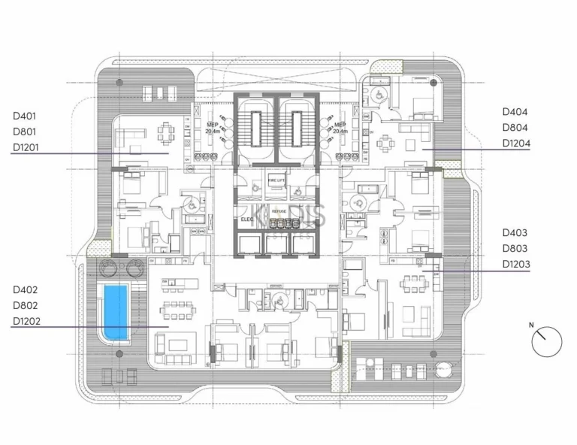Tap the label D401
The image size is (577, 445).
click(25, 116)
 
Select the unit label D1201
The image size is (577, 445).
click(27, 147)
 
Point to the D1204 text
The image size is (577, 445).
click(515, 144)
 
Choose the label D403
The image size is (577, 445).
click(515, 233)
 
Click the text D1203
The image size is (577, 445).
click(515, 265)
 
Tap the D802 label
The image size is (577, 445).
click(25, 305)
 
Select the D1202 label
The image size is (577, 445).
click(27, 322)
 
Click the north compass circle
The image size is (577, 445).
click(546, 341)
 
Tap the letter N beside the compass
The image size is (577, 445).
click(531, 325)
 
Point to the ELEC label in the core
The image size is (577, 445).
click(246, 219)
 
